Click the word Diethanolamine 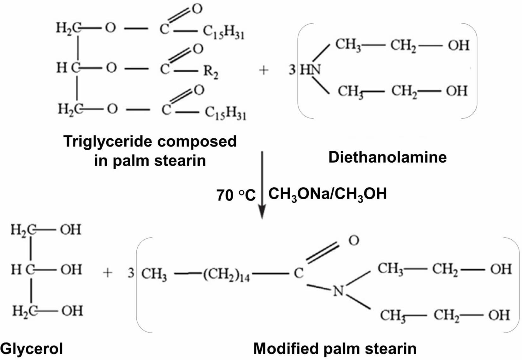(x=387, y=157)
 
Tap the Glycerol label (x=32, y=349)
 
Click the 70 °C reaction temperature (x=236, y=195)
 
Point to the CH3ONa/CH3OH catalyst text (x=327, y=194)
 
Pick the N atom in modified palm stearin (x=338, y=291)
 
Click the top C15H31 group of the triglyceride (x=223, y=32)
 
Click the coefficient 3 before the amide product (x=131, y=273)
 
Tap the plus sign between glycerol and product (x=108, y=273)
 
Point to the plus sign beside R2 (x=264, y=70)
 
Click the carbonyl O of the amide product (x=354, y=241)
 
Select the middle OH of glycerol (x=71, y=270)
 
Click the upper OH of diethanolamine (x=458, y=45)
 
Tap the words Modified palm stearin (x=335, y=349)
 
